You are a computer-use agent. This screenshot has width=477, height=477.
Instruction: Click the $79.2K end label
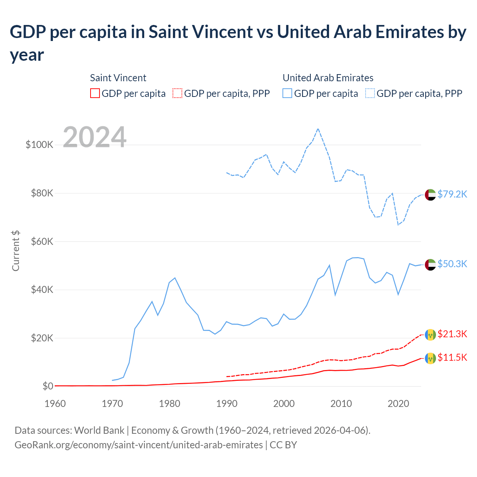[x=452, y=194]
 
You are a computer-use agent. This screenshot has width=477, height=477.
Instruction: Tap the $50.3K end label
[x=452, y=264]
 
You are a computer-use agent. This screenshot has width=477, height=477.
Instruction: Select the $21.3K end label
[x=452, y=334]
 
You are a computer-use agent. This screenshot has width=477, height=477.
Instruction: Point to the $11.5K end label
[x=452, y=358]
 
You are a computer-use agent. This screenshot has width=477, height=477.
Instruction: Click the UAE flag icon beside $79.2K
[x=430, y=195]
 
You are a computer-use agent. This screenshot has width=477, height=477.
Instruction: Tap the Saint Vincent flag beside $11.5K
[x=430, y=358]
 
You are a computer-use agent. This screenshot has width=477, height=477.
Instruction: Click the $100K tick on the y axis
[x=40, y=145]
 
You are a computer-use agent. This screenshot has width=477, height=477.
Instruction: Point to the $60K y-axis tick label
[x=42, y=241]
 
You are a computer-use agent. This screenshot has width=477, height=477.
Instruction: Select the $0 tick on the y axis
[x=48, y=386]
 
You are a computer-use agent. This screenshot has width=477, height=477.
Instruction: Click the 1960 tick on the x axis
[x=55, y=404]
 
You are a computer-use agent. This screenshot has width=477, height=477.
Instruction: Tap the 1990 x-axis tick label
[x=227, y=404]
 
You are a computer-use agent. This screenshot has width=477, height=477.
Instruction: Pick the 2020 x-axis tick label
[x=398, y=404]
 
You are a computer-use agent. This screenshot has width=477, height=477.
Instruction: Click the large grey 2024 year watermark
[x=95, y=137]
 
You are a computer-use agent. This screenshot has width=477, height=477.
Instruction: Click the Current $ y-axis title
[x=16, y=250]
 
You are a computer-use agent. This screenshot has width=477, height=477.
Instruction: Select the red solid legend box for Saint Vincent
[x=95, y=93]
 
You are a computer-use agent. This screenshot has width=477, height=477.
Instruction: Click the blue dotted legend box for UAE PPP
[x=370, y=93]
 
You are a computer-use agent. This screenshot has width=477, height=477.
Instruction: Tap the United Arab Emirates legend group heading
[x=328, y=78]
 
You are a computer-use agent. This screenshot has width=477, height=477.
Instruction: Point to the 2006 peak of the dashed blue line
[x=318, y=129]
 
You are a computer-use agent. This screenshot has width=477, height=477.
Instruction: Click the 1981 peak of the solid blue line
[x=175, y=278]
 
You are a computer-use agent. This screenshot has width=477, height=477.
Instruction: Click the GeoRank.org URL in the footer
[x=139, y=445]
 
